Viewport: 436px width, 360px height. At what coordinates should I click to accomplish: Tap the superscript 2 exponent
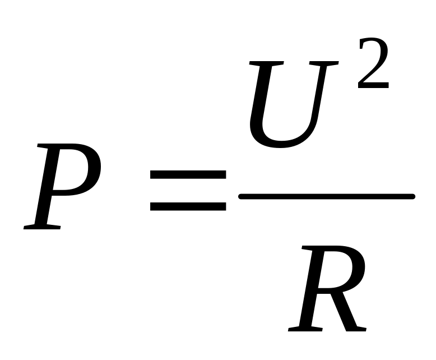(373, 63)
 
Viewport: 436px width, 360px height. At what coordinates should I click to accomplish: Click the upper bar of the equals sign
(188, 174)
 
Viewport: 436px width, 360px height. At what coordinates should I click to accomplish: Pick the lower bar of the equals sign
(188, 206)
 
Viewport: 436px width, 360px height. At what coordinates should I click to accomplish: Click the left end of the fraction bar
(240, 197)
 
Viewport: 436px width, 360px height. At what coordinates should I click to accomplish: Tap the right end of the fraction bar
(414, 197)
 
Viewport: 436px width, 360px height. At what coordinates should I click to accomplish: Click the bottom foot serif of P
(41, 227)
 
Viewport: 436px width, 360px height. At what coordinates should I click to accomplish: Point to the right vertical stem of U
(320, 95)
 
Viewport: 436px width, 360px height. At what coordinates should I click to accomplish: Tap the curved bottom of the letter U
(281, 144)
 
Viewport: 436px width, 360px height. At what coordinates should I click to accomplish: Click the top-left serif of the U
(266, 63)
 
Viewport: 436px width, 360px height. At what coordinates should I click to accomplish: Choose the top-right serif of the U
(324, 63)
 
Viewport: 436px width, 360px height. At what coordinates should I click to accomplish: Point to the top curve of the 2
(373, 40)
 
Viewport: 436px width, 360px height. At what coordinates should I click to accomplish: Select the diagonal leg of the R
(349, 312)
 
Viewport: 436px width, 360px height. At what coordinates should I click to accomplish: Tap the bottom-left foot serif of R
(305, 329)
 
